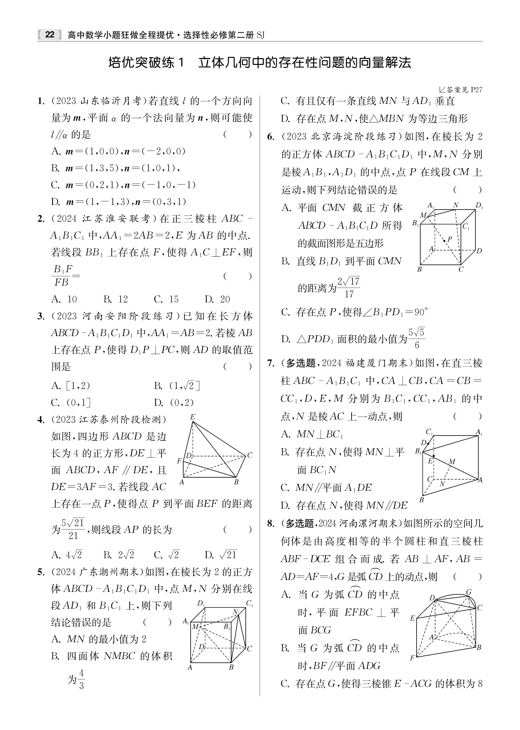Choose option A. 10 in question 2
64,299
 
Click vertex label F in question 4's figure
179,461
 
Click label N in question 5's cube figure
235,612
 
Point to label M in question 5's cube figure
195,627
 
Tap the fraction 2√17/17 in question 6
349,287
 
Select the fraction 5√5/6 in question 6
417,338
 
